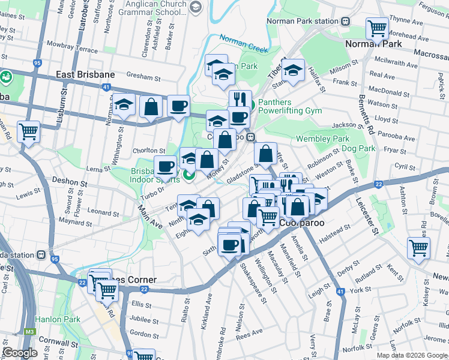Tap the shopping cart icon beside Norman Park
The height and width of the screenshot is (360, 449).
click(x=377, y=28)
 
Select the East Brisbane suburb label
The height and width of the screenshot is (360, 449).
click(x=85, y=74)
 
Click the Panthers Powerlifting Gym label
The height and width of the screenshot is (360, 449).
click(x=290, y=106)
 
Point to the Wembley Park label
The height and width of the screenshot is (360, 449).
click(x=323, y=139)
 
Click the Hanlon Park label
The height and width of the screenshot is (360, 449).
click(x=58, y=319)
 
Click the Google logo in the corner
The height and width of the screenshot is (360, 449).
click(x=20, y=353)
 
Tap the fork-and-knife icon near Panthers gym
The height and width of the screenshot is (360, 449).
click(x=240, y=99)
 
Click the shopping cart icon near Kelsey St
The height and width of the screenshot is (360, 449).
click(x=418, y=247)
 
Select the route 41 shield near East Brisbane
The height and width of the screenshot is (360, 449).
click(x=106, y=87)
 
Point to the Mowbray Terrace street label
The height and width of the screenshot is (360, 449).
click(x=72, y=46)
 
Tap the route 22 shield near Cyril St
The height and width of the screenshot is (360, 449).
click(x=378, y=185)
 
